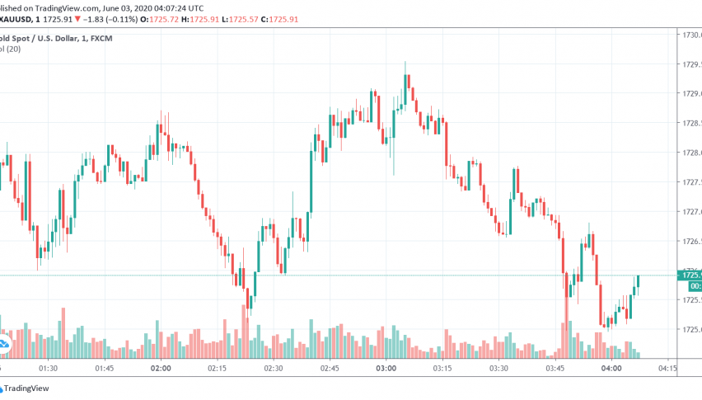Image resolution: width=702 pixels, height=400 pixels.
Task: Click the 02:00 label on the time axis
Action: [160, 369]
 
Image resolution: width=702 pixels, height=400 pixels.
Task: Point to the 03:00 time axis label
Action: [385, 369]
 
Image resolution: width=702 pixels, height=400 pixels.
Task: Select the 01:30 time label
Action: [47, 369]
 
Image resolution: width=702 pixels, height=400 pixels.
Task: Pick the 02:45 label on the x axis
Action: [329, 369]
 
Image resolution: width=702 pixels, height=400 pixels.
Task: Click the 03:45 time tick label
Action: [554, 369]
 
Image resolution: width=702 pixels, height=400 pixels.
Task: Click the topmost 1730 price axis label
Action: [690, 35]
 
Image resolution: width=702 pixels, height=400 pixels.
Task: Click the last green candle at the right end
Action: [639, 281]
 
